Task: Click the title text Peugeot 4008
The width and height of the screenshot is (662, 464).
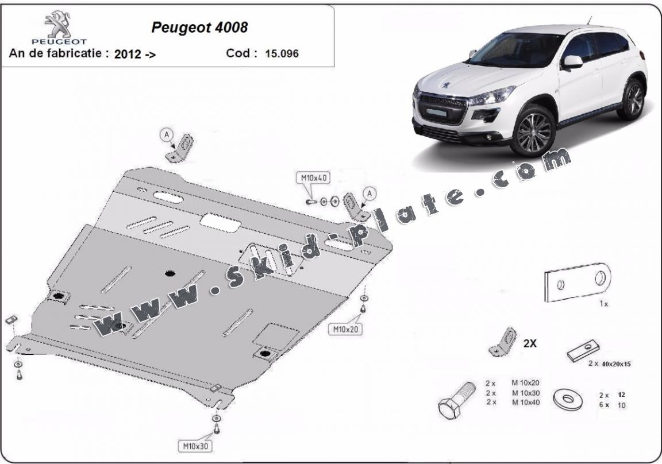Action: [199, 27]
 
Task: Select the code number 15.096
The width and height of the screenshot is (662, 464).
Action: [282, 54]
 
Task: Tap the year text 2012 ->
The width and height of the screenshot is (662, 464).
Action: [134, 55]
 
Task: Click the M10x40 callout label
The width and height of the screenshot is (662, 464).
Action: [312, 178]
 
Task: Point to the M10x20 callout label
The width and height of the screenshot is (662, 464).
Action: [344, 330]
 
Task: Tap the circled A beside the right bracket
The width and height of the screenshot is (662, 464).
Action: [370, 194]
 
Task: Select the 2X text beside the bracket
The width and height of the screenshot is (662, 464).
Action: [530, 343]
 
